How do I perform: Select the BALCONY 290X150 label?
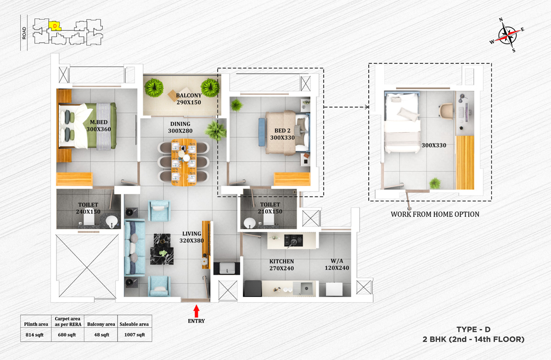click(189, 99)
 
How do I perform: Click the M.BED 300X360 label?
click(99, 126)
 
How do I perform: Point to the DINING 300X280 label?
click(180, 127)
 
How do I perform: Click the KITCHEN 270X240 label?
click(281, 265)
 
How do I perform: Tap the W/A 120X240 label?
click(337, 265)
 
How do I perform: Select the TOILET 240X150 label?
click(88, 208)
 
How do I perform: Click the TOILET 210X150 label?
click(270, 208)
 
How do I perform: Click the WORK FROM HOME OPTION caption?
click(435, 214)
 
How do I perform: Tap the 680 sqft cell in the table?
click(67, 335)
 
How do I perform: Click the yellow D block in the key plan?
click(55, 26)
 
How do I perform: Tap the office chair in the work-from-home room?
click(445, 110)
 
